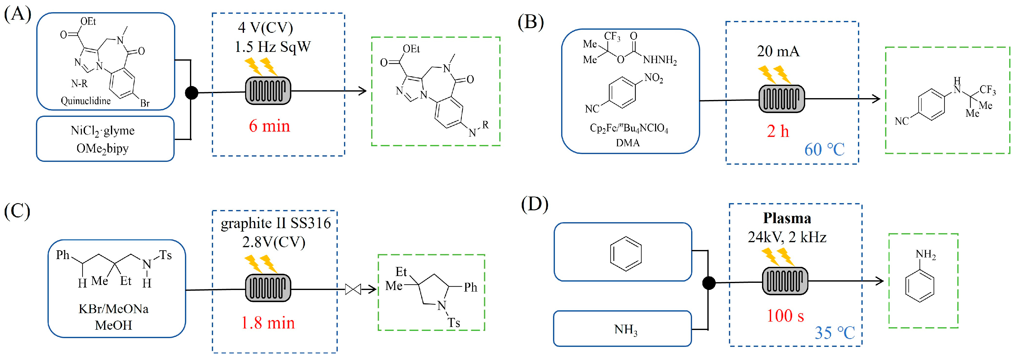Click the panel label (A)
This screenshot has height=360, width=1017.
pos(17,15)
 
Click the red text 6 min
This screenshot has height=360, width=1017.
pos(270,126)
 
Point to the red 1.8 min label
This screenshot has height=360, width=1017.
pos(268,323)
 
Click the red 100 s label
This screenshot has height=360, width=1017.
pos(785,316)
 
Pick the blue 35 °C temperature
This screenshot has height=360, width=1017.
pos(835,333)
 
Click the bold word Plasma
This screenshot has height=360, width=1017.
pos(787,218)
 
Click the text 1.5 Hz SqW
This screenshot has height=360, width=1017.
pos(273,47)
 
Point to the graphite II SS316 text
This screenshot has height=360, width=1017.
pos(276,223)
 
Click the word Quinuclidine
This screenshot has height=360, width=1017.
pos(86,101)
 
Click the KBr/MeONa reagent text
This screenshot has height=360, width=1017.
pos(114,309)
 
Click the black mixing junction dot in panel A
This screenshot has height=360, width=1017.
pos(192,93)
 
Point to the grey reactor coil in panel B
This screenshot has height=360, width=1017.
pos(781,99)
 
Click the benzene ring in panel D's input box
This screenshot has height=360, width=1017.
pos(626,254)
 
